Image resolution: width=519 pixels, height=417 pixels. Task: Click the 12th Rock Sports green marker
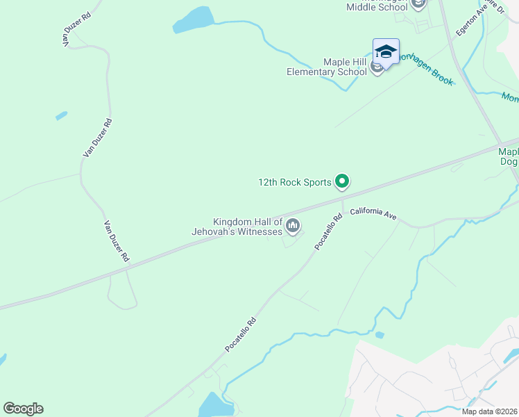[341, 181]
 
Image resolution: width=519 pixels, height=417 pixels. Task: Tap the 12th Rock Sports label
[295, 183]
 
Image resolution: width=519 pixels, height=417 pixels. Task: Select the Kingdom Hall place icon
[293, 224]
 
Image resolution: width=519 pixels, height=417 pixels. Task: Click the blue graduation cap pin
[386, 51]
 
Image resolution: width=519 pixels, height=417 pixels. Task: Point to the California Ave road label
[373, 214]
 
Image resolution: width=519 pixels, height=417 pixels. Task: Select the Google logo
[23, 408]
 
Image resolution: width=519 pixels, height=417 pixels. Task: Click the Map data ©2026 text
[488, 411]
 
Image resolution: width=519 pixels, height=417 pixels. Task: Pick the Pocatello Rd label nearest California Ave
[328, 231]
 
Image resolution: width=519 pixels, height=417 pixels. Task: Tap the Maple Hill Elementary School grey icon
[377, 67]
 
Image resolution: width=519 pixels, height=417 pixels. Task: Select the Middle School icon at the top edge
[418, 4]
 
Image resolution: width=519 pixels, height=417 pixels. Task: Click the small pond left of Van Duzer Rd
[62, 115]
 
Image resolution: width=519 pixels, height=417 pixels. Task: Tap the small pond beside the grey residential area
[379, 335]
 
